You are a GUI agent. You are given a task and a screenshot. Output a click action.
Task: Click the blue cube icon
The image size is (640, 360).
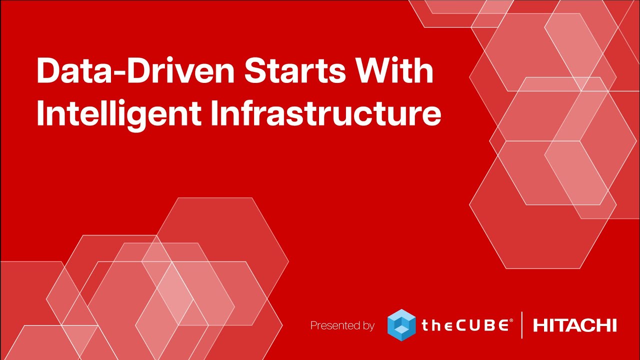pos(401,325)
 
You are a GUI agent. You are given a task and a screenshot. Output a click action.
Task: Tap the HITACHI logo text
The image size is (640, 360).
pos(574,325)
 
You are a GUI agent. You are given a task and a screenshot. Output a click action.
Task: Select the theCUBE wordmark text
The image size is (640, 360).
pos(465,325)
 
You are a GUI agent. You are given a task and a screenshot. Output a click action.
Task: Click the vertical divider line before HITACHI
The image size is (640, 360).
pos(522,325)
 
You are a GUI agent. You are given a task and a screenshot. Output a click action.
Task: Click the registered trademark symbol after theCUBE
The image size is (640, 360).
pos(511,321)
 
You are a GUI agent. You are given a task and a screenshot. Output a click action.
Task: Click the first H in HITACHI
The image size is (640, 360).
pos(540,325)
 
